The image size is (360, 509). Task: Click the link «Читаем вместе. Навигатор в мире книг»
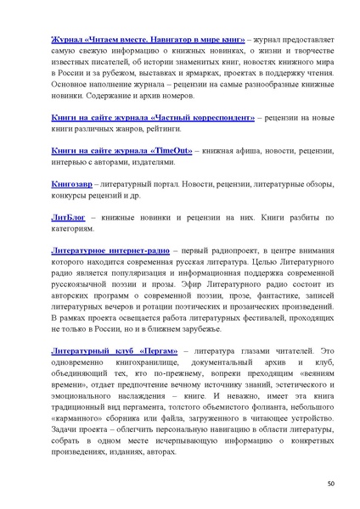pos(137,39)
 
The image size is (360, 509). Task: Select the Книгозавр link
pos(72,185)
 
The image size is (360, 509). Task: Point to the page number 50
pos(331,483)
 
